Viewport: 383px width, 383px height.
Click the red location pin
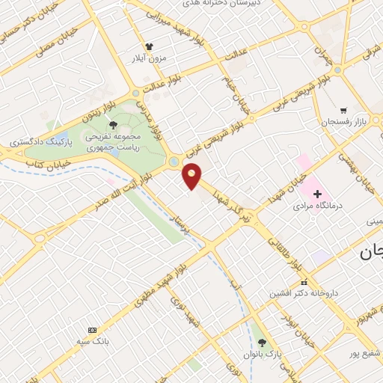[192, 175]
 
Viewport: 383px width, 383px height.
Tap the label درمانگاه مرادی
[317, 204]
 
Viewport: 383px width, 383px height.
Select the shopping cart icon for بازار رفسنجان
[343, 109]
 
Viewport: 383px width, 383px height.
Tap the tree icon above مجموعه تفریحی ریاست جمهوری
[113, 125]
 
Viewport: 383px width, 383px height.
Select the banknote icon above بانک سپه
[92, 330]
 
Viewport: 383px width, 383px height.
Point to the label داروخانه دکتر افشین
[304, 293]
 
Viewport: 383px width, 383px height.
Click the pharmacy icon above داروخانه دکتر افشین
[304, 282]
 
